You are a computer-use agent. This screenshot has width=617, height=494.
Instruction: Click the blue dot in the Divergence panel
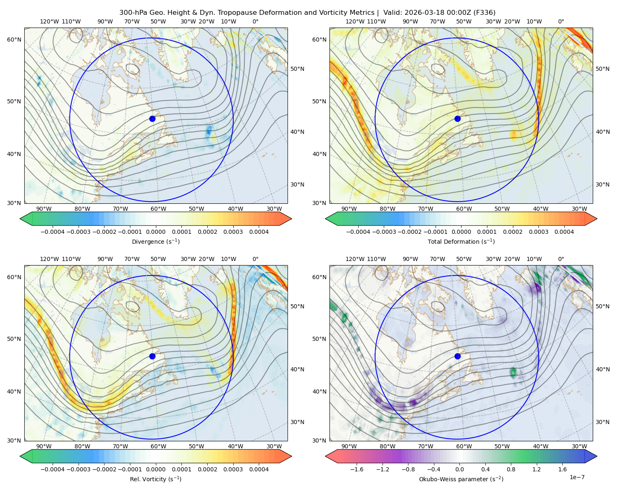coord(152,119)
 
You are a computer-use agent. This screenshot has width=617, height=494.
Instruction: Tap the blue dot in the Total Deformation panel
coord(457,119)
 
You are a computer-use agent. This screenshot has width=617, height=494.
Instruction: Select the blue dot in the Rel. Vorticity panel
coord(152,356)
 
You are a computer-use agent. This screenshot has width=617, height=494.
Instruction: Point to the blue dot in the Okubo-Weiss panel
coord(457,356)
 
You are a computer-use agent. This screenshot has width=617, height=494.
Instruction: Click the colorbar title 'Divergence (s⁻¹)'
coord(155,241)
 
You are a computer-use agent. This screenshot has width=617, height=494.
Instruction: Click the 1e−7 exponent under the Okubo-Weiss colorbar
coord(577,477)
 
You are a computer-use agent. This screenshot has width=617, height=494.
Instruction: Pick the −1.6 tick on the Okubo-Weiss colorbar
coord(357,469)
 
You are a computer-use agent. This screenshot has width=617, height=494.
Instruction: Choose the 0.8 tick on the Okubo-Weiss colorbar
coord(511,469)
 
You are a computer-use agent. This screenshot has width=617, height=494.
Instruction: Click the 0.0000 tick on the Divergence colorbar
coord(155,232)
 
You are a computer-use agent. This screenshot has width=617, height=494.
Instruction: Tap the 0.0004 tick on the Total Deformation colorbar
coord(564,232)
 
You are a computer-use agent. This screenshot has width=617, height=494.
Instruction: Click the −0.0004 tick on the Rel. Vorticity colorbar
coord(53,469)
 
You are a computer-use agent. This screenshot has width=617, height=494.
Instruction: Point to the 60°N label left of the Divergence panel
coord(14,40)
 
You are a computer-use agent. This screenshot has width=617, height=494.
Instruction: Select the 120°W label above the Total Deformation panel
coord(355,21)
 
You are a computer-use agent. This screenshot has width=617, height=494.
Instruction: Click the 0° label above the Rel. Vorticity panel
coord(255,259)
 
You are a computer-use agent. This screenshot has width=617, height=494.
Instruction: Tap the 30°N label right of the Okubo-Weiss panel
coord(603,422)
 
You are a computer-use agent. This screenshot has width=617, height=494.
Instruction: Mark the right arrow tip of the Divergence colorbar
coord(292,219)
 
